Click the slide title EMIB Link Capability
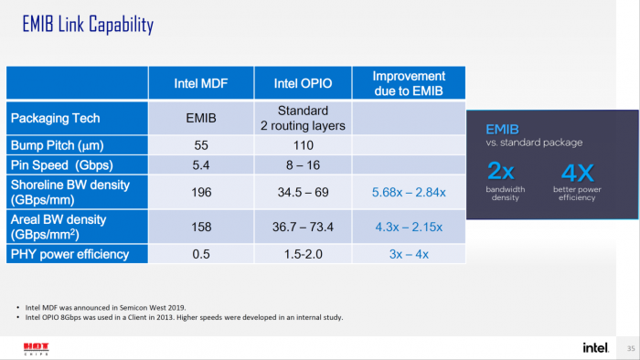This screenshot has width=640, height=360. pyautogui.click(x=87, y=25)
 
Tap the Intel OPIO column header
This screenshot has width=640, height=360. pyautogui.click(x=303, y=84)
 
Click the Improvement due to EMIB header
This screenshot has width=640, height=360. pyautogui.click(x=409, y=83)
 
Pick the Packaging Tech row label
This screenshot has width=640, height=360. pyautogui.click(x=54, y=118)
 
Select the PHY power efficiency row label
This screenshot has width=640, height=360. pyautogui.click(x=69, y=254)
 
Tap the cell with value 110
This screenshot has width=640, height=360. pyautogui.click(x=303, y=145)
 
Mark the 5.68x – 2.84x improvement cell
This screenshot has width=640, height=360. pyautogui.click(x=409, y=192)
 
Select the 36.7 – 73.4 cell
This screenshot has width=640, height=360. pyautogui.click(x=303, y=227)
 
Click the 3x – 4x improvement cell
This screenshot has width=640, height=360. pyautogui.click(x=409, y=254)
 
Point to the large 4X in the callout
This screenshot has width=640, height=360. pyautogui.click(x=576, y=172)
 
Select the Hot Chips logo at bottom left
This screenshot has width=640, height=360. pyautogui.click(x=36, y=348)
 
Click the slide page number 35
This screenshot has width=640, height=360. pyautogui.click(x=630, y=348)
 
